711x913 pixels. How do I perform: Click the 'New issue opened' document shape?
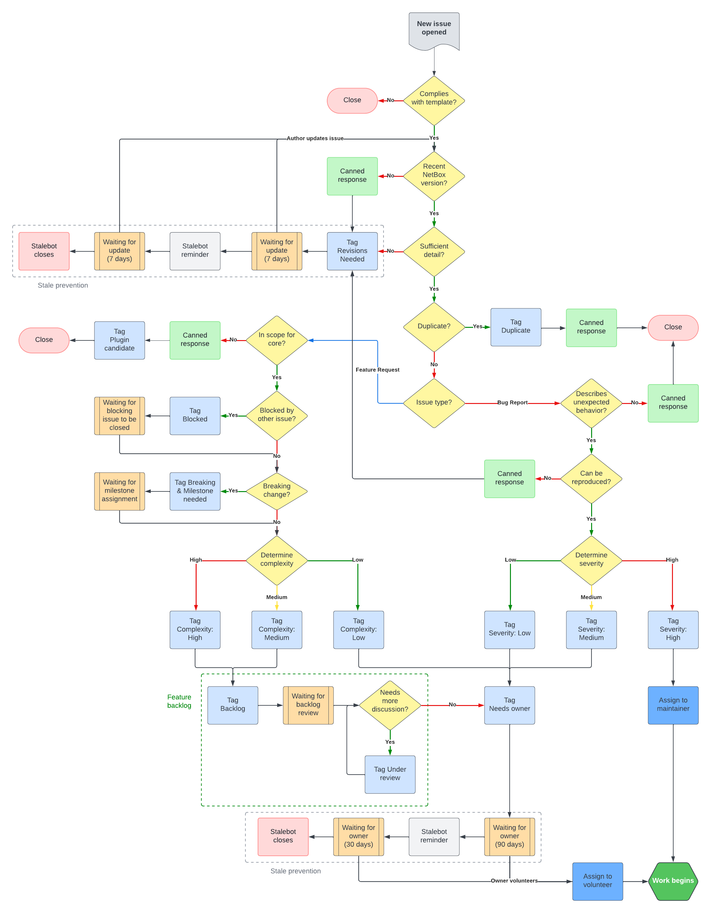click(x=434, y=29)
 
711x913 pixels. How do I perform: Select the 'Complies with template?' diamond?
click(x=434, y=100)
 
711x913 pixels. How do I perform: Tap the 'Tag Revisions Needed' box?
click(x=352, y=251)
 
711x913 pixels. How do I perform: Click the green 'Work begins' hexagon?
click(x=673, y=880)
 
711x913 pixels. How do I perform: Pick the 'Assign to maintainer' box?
click(x=673, y=704)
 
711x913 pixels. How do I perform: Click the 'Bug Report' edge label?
click(x=512, y=403)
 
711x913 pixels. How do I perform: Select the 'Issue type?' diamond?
click(x=434, y=403)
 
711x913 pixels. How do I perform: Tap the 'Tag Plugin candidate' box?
click(x=120, y=340)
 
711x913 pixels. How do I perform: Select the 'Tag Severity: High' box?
click(x=673, y=629)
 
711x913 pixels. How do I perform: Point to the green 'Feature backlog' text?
click(x=179, y=701)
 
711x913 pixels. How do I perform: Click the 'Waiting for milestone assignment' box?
click(x=120, y=491)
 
